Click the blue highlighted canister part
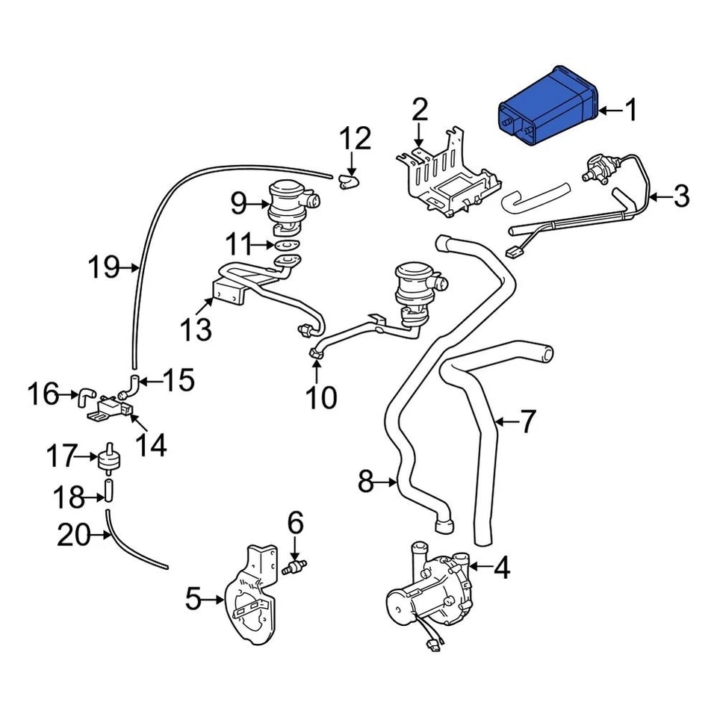tap(548, 109)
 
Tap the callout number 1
tap(631, 111)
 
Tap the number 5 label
tap(193, 598)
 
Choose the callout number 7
tap(527, 423)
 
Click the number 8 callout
tap(365, 482)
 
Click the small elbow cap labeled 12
tap(349, 179)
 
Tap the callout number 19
tap(104, 266)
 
